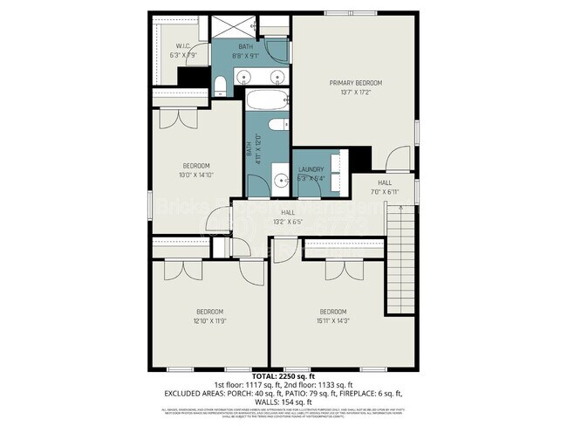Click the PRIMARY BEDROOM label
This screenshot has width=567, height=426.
(355, 83)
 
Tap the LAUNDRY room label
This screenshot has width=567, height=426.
(311, 169)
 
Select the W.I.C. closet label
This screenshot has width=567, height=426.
(183, 46)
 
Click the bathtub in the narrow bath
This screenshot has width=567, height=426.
(266, 100)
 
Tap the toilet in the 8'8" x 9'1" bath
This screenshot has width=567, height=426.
(221, 85)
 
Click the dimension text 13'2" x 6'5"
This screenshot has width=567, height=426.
(287, 222)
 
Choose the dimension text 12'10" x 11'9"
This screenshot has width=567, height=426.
(209, 321)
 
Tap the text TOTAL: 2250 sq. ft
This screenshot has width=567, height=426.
(283, 375)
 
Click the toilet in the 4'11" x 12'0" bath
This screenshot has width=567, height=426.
(278, 126)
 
